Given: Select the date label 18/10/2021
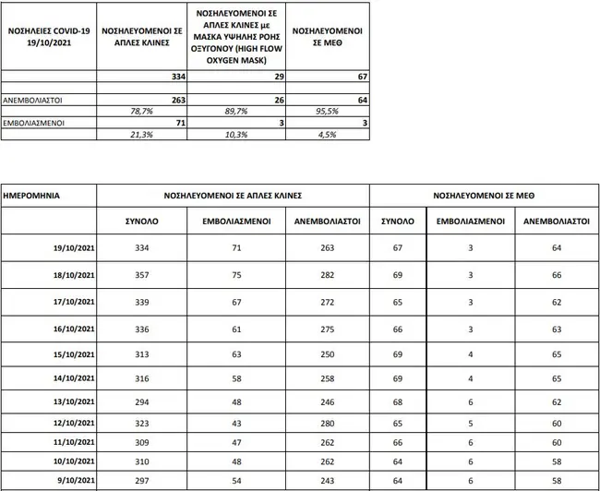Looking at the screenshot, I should pyautogui.click(x=75, y=276).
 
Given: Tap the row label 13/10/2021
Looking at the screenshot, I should pyautogui.click(x=75, y=402).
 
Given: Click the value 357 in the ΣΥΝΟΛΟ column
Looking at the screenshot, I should pyautogui.click(x=141, y=276).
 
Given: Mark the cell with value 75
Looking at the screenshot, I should pyautogui.click(x=236, y=276).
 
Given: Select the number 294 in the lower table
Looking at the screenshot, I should pyautogui.click(x=141, y=402).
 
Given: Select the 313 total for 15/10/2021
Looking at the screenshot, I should pyautogui.click(x=141, y=354).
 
